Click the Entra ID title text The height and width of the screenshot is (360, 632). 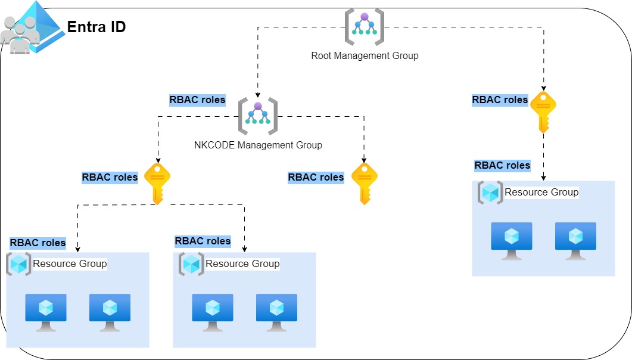pos(96,27)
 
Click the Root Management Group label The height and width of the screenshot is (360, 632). pos(365,56)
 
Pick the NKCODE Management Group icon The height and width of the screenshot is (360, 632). pos(257,114)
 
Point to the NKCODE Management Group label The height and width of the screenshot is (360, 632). pos(258,145)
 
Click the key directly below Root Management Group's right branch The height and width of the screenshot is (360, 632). pos(543,111)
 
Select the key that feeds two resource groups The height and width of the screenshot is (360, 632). pos(157,184)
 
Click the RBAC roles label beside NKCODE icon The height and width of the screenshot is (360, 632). pos(197,100)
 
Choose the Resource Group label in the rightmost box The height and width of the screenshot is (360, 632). pos(541,192)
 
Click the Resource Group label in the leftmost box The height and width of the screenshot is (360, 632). pos(70,263)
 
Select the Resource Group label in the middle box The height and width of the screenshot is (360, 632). pos(242,263)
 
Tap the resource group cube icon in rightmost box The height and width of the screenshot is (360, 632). pos(490,193)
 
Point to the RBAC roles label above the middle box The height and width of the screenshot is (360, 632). pos(203,241)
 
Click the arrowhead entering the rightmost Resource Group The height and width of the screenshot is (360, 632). pos(543,178)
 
